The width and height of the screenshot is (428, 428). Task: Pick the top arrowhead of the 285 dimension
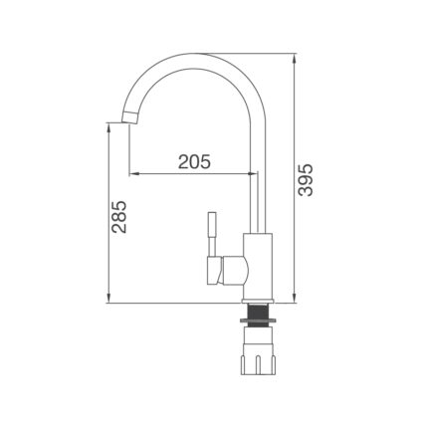coord(108,125)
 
